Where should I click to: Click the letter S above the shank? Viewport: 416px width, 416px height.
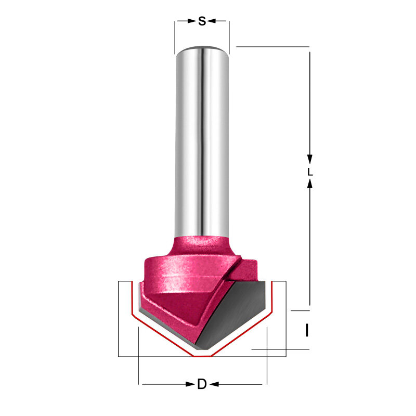pyautogui.click(x=202, y=21)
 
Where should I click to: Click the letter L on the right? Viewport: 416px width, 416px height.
pyautogui.click(x=309, y=171)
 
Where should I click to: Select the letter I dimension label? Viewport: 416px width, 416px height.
pyautogui.click(x=307, y=330)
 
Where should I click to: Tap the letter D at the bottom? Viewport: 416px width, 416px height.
pyautogui.click(x=202, y=385)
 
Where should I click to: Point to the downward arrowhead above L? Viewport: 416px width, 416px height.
pyautogui.click(x=309, y=158)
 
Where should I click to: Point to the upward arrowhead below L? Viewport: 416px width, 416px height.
pyautogui.click(x=309, y=184)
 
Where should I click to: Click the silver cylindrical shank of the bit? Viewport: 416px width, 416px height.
pyautogui.click(x=201, y=140)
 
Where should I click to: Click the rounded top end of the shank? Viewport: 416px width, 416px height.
pyautogui.click(x=201, y=48)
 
